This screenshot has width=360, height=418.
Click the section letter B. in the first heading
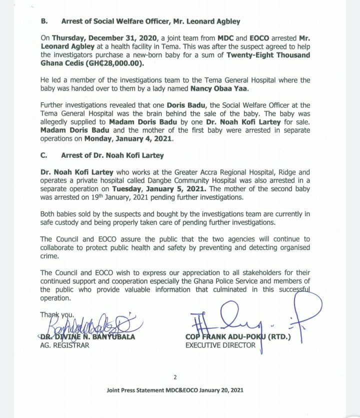[43, 22]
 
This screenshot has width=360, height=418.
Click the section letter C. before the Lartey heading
[43, 156]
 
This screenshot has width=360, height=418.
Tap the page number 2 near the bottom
[174, 377]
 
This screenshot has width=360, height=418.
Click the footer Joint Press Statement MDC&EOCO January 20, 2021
[174, 390]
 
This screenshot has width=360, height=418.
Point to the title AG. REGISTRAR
[64, 345]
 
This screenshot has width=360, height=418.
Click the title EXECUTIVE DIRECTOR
[220, 345]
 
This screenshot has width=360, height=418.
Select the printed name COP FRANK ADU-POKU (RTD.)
[237, 336]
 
